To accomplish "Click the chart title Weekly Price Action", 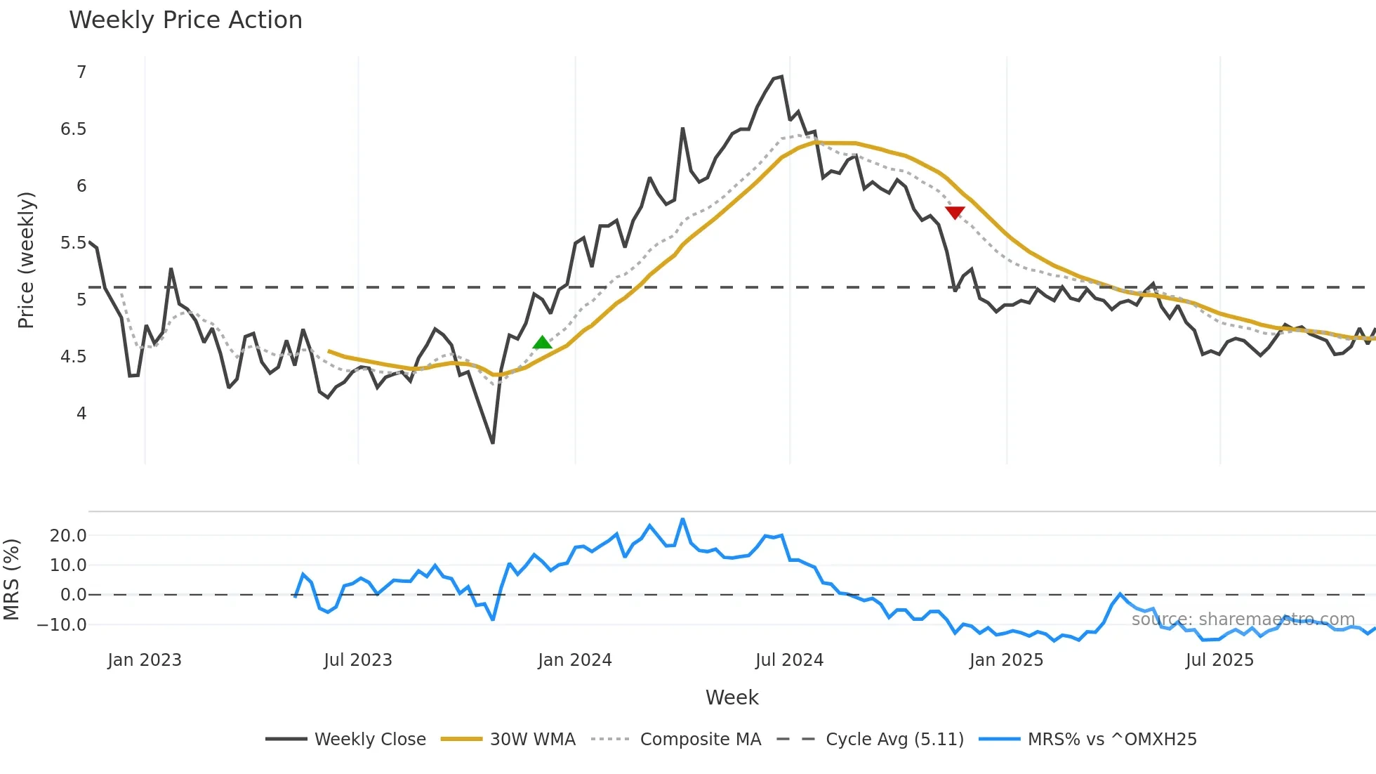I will (x=185, y=20).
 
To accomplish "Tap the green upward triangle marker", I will (x=542, y=343).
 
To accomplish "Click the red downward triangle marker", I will (x=955, y=212).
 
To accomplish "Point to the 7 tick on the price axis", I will (x=81, y=72).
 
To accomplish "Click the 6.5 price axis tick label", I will (x=73, y=129).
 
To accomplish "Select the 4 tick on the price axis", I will (x=81, y=414).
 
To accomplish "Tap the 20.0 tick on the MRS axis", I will (x=68, y=536).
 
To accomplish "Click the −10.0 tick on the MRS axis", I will (x=62, y=624).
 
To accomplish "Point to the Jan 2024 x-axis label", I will (x=575, y=660).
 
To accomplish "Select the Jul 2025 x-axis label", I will (x=1219, y=660).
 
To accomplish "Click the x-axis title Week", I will (x=732, y=697).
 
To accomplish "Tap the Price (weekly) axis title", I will (x=26, y=260).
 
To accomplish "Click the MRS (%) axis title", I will (x=11, y=579).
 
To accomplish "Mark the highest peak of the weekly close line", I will (x=781, y=77).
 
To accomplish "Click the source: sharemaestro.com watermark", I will (x=1243, y=619).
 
